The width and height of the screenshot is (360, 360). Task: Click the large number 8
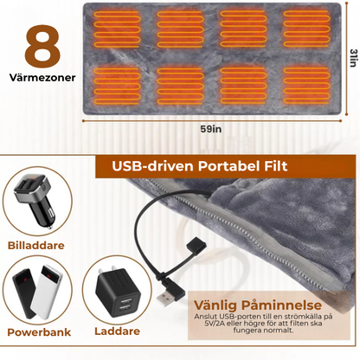tap(42, 47)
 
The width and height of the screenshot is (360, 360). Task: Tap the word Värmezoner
tap(42, 78)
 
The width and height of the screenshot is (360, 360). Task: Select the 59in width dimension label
tap(211, 129)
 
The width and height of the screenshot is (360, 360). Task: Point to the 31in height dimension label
tap(353, 58)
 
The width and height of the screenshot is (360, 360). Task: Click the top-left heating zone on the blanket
tap(117, 29)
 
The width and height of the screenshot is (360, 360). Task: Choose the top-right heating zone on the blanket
tap(306, 29)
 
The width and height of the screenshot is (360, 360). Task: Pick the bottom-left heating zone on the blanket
tap(117, 86)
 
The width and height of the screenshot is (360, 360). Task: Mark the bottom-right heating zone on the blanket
tap(306, 86)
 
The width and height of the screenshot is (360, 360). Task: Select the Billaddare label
tap(36, 246)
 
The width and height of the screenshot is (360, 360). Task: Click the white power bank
tap(48, 292)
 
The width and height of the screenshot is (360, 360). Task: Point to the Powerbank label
tap(39, 332)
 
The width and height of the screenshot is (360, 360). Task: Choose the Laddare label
tap(117, 331)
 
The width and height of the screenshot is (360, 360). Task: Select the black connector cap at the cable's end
tap(196, 245)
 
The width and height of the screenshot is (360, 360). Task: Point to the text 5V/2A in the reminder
tap(214, 324)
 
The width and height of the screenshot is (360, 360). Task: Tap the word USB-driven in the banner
tap(152, 166)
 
